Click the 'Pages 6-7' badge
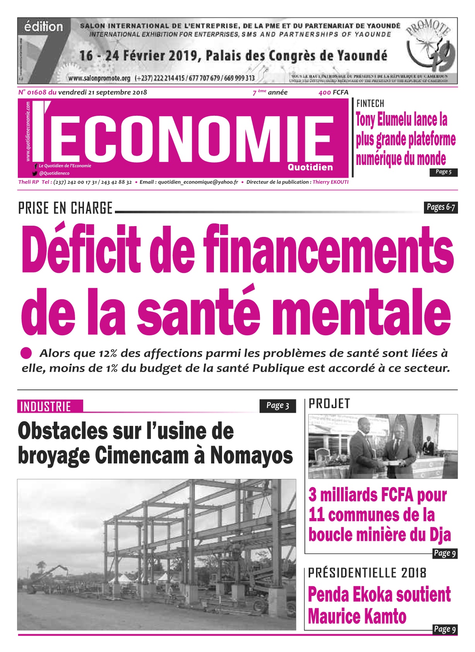[x=441, y=207]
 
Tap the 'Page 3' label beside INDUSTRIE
[x=278, y=405]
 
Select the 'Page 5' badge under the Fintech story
[x=444, y=172]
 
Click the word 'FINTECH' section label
[x=370, y=103]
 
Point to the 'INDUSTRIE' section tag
[x=46, y=407]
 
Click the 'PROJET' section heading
[x=329, y=404]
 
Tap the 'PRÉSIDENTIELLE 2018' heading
[x=367, y=573]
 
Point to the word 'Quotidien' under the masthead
[x=310, y=167]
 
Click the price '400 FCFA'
[x=333, y=92]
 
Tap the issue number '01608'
[x=37, y=92]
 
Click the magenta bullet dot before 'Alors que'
[x=26, y=353]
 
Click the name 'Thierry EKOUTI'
[x=330, y=182]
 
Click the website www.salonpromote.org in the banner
[x=99, y=78]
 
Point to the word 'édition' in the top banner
[x=43, y=27]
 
